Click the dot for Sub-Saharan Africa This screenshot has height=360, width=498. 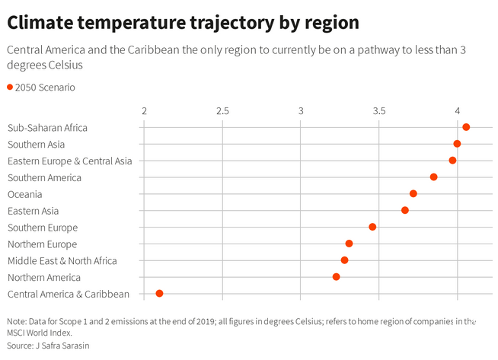click(x=466, y=127)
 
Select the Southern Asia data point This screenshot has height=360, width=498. click(x=457, y=144)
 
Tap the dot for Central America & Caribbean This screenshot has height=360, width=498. click(x=159, y=293)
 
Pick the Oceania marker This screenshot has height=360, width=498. click(x=413, y=194)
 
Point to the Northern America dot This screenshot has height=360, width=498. click(x=336, y=276)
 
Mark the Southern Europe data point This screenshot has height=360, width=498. click(x=372, y=227)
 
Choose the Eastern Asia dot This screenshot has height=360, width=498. click(x=405, y=210)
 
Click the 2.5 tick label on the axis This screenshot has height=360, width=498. click(x=222, y=111)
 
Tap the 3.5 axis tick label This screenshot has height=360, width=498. click(x=379, y=111)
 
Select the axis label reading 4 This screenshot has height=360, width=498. click(x=458, y=111)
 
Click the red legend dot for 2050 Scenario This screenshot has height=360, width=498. click(x=10, y=88)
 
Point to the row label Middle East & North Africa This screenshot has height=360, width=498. click(x=62, y=261)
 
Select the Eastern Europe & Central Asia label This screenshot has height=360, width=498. click(x=69, y=161)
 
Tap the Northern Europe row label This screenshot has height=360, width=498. click(x=42, y=244)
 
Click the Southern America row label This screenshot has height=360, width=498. click(x=43, y=178)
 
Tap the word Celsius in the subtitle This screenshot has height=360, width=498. click(x=66, y=66)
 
